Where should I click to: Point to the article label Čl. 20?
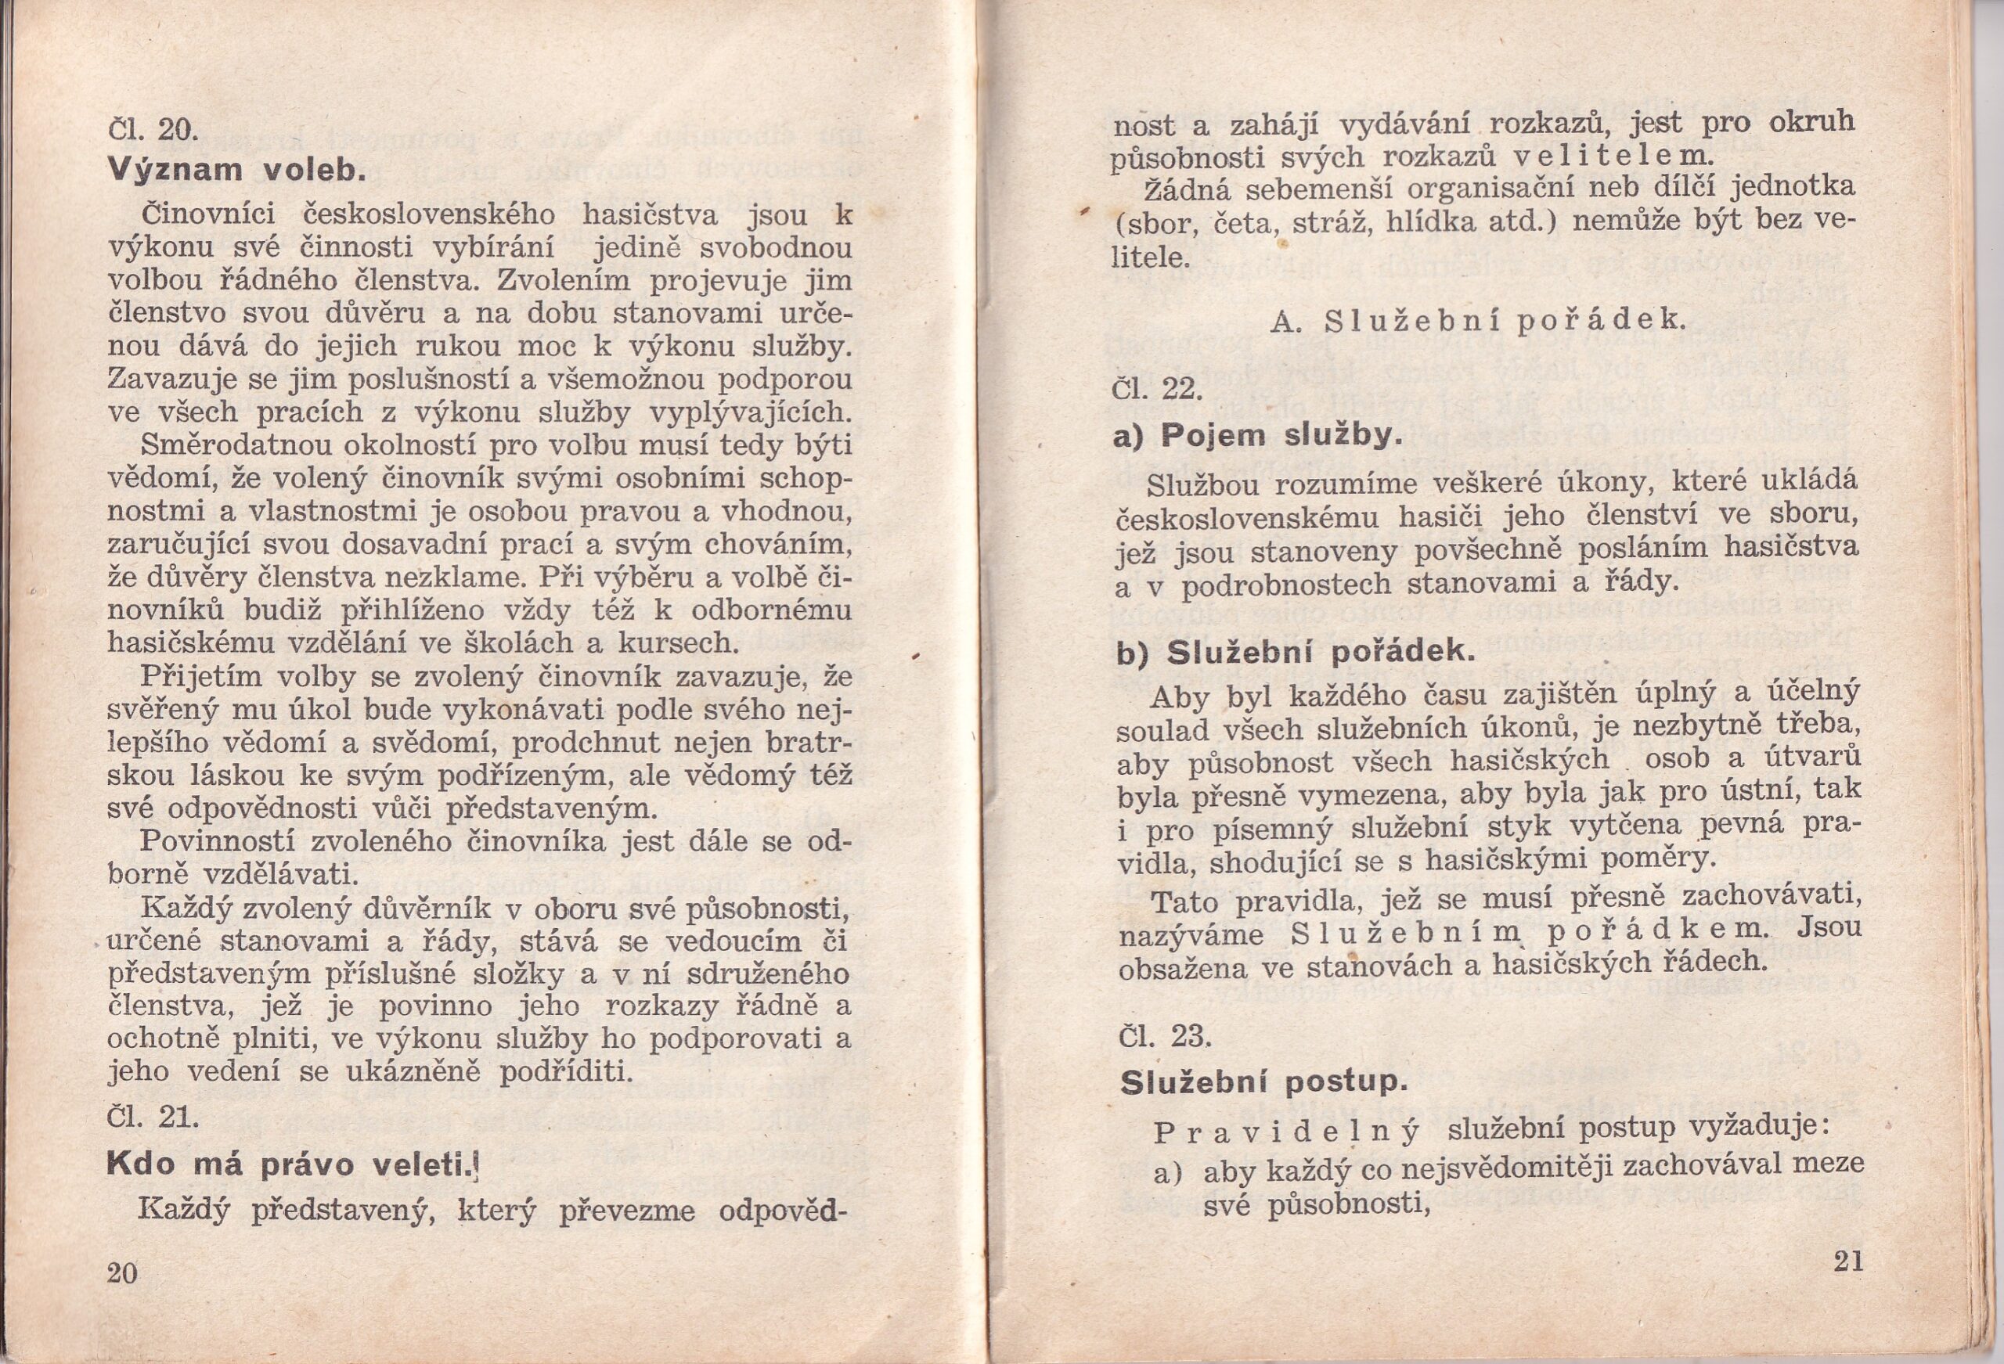[153, 131]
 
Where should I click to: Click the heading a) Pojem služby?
[1256, 436]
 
